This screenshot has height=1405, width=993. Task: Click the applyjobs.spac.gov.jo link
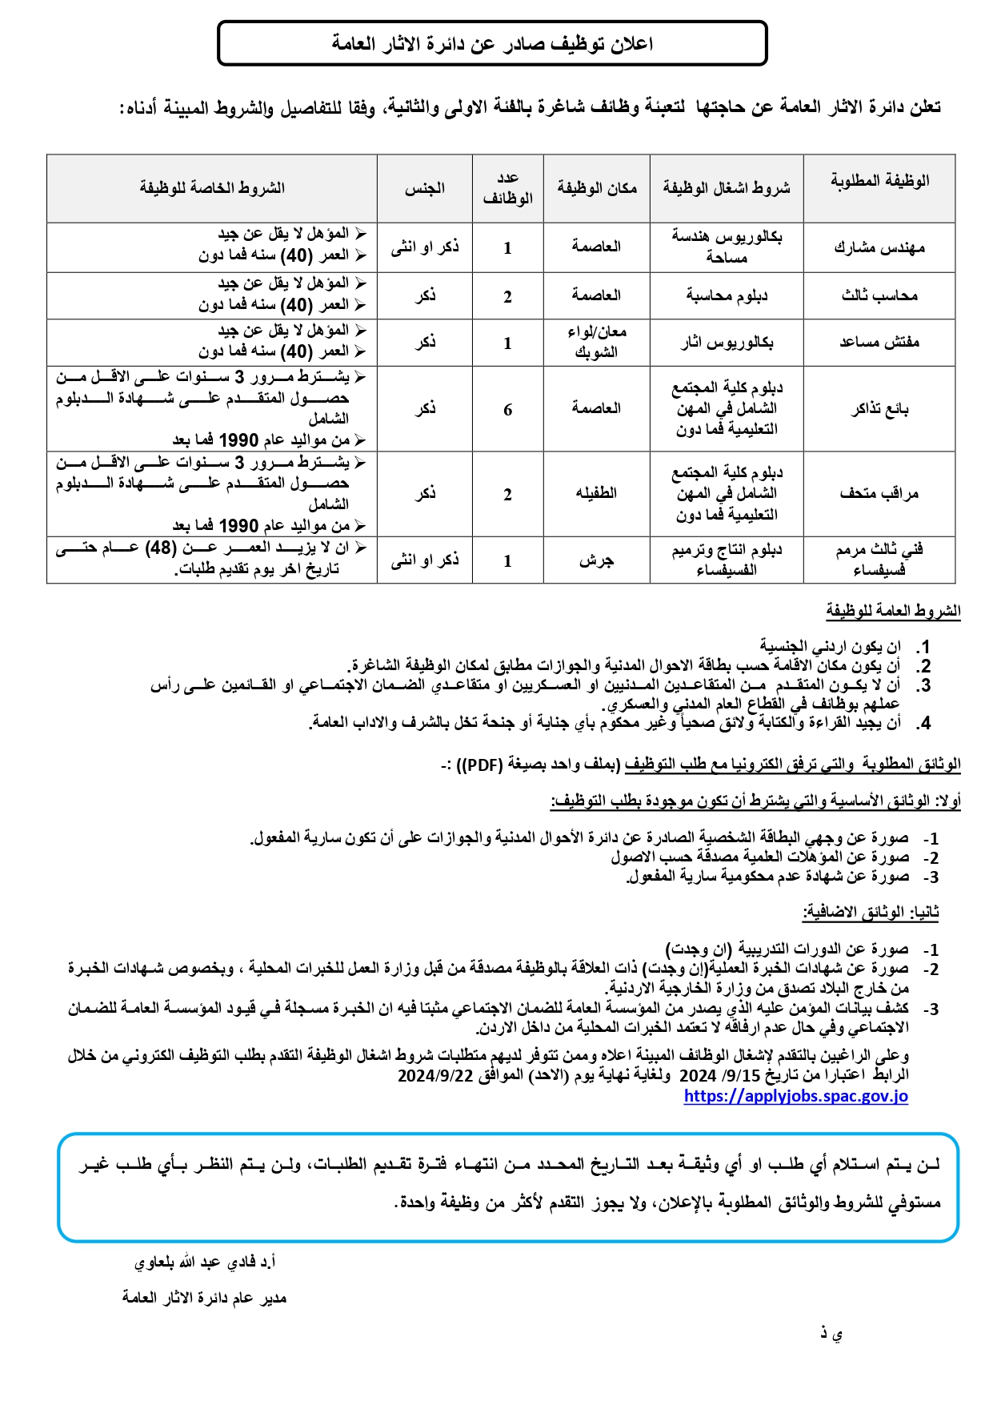[x=795, y=1096]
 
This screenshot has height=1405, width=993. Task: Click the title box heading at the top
[x=492, y=43]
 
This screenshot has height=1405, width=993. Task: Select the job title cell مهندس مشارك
[x=879, y=247]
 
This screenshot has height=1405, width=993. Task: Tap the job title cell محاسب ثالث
[x=879, y=296]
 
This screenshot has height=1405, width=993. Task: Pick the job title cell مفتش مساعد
[x=879, y=343]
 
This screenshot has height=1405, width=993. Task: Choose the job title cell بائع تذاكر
[x=879, y=409]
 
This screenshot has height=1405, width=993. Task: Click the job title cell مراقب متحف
[x=879, y=493]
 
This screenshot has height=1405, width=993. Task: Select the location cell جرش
[x=596, y=560]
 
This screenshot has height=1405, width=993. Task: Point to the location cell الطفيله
[x=596, y=493]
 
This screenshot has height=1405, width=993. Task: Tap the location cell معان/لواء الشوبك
[x=596, y=342]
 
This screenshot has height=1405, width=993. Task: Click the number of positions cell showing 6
[x=507, y=410]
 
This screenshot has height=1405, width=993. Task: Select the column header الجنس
[x=424, y=188]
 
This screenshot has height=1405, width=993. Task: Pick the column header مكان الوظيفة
[x=596, y=188]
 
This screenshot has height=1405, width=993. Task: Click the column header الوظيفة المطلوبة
[x=879, y=181]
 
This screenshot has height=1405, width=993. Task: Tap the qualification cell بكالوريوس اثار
[x=727, y=343]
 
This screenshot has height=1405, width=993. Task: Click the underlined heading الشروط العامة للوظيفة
[x=893, y=611]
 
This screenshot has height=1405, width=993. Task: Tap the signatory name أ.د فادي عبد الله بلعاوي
[x=205, y=1262]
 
